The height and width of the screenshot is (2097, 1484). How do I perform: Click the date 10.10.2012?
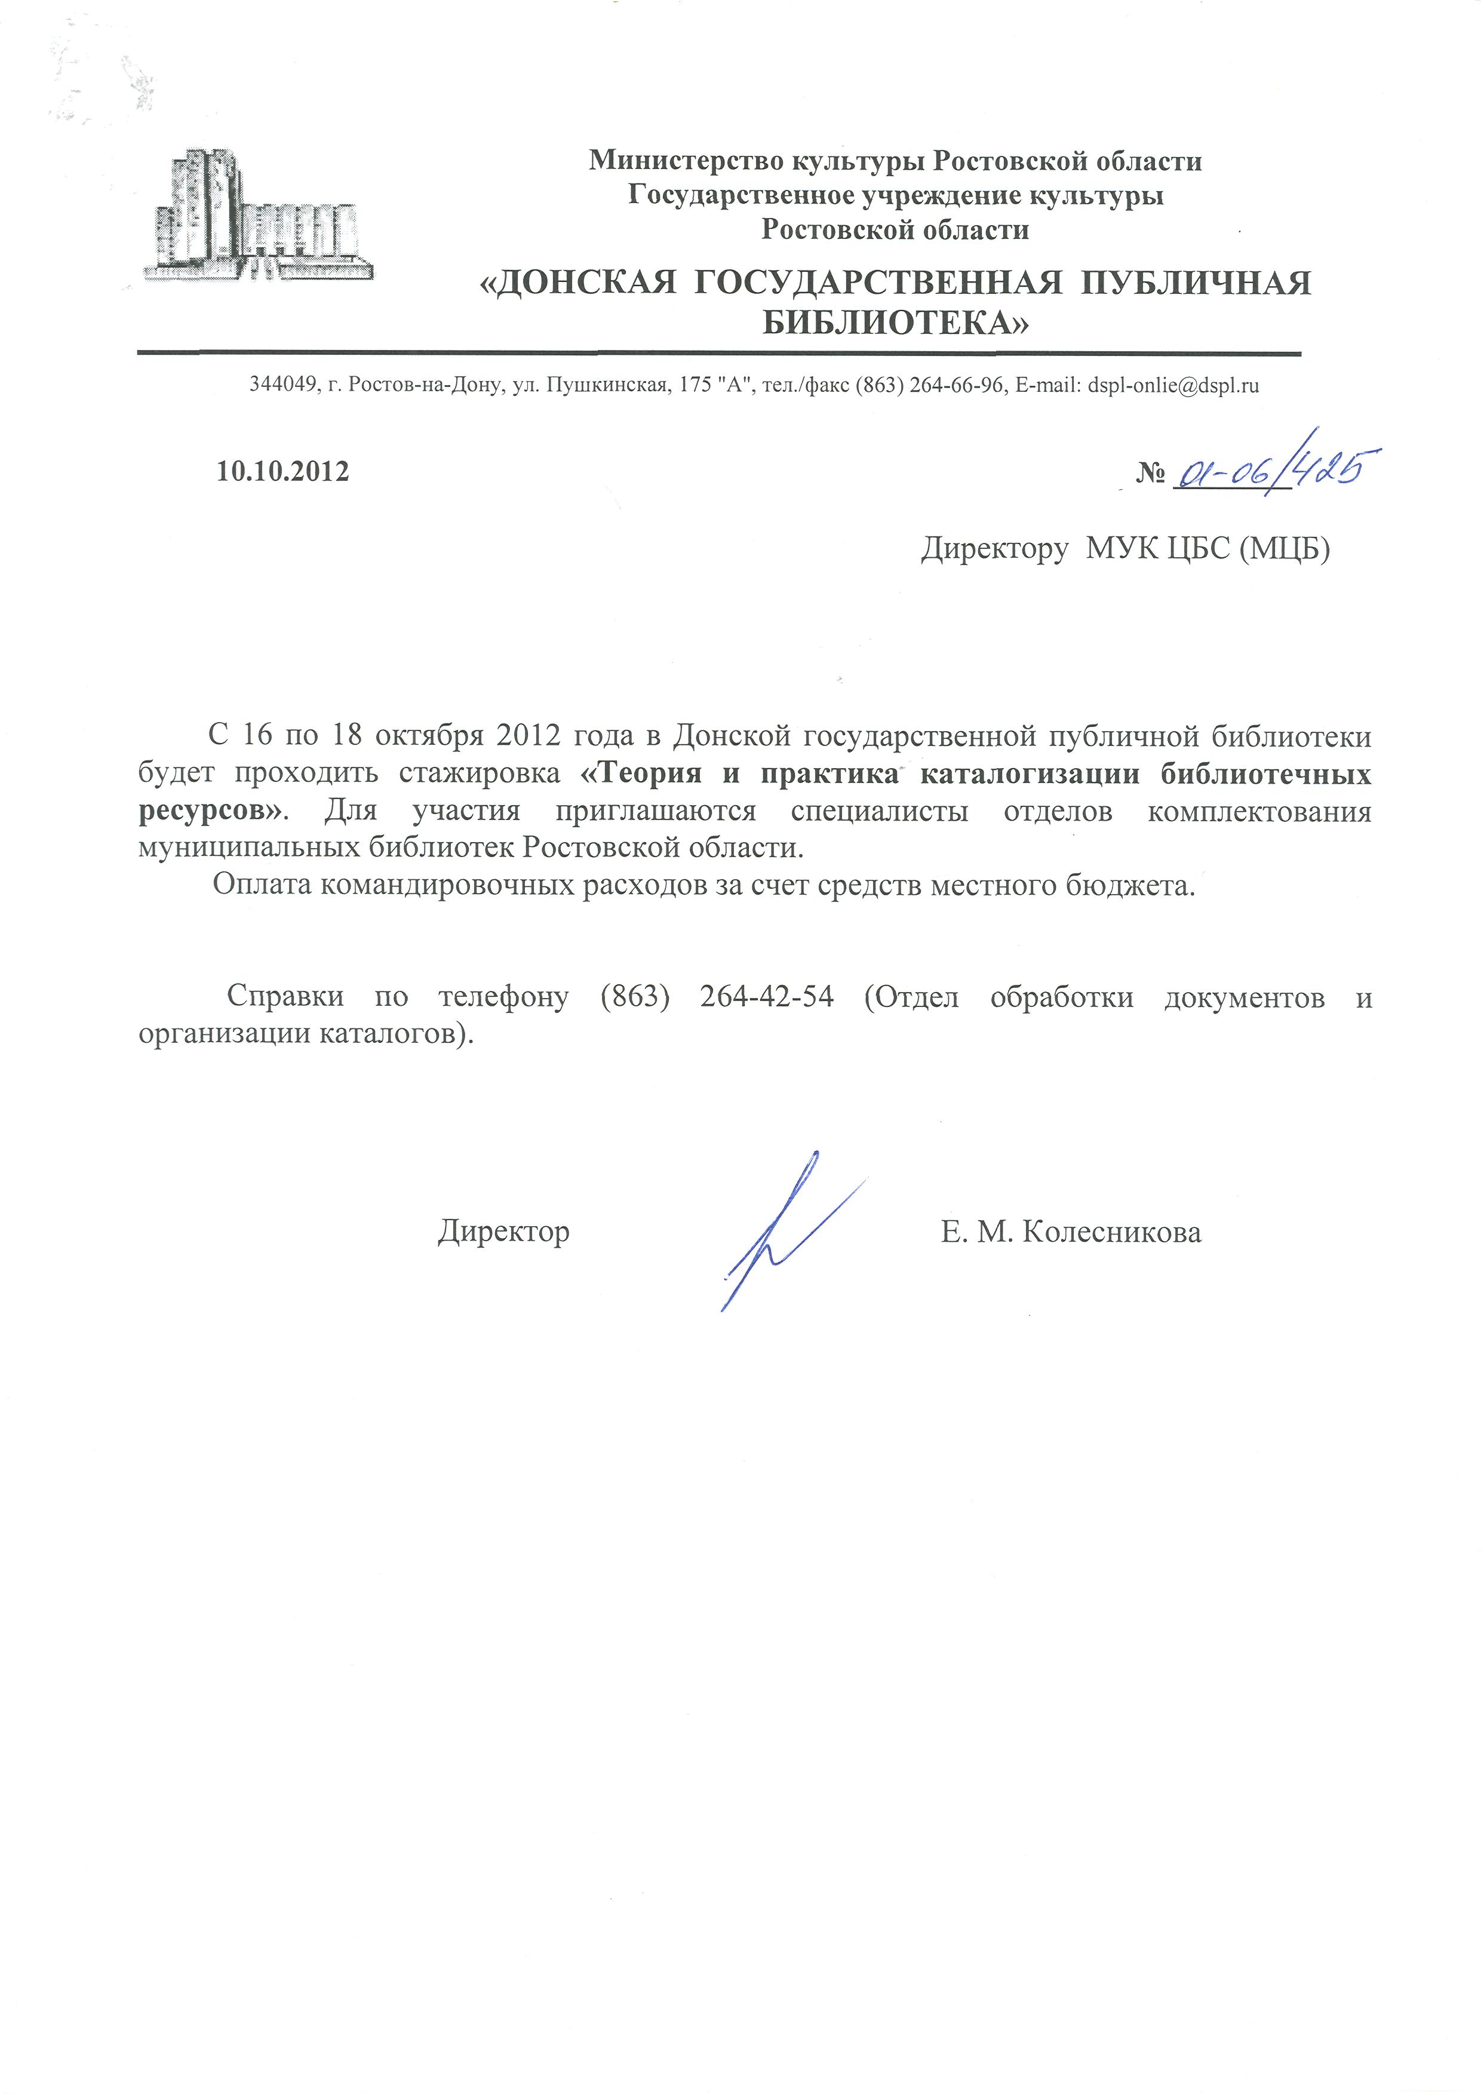coord(282,471)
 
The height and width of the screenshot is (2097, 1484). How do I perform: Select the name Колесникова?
coord(1111,1233)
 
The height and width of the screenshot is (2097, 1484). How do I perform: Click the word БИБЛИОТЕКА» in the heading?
coord(895,323)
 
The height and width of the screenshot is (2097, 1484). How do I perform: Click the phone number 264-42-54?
coord(767,996)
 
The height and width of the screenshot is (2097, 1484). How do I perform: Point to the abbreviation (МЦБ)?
coord(1284,548)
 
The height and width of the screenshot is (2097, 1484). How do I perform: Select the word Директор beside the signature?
coord(503,1232)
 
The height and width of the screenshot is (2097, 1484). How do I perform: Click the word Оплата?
coord(263,885)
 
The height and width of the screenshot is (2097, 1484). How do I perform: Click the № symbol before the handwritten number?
coord(1150,473)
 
